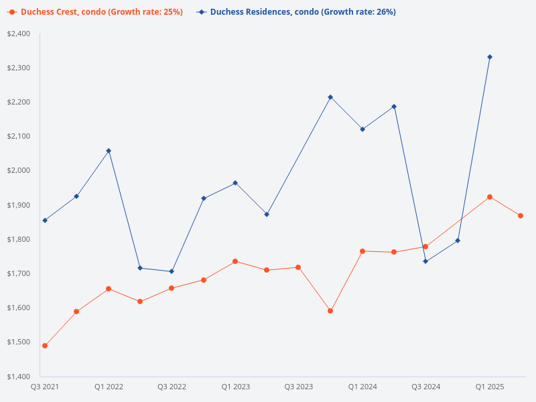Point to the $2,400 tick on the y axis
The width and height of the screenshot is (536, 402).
point(19,33)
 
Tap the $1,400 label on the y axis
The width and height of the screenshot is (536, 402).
point(19,376)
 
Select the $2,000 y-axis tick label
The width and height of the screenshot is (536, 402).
point(19,170)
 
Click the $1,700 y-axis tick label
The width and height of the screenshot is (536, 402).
point(19,273)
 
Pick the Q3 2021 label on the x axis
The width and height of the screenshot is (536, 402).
point(45,387)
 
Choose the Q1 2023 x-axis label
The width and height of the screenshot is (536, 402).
point(235,387)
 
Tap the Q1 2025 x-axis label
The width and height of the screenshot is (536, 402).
point(490,387)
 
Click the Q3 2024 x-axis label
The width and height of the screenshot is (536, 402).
point(425,387)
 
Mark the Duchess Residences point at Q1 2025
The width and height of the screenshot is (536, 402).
point(490,57)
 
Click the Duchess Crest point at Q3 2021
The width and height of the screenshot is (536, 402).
point(45,346)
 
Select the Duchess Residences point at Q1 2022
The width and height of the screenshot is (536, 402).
point(109,151)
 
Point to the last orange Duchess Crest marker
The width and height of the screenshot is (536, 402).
point(521,216)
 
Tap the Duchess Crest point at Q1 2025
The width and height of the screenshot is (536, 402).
point(490,197)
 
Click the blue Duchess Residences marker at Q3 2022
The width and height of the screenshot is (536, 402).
point(172,271)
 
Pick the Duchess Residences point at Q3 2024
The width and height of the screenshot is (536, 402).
point(425,261)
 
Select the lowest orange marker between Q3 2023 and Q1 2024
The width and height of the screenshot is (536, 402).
point(330,311)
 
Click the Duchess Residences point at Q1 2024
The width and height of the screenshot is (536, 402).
point(362,129)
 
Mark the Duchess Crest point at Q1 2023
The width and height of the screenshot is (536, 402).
point(235,261)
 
